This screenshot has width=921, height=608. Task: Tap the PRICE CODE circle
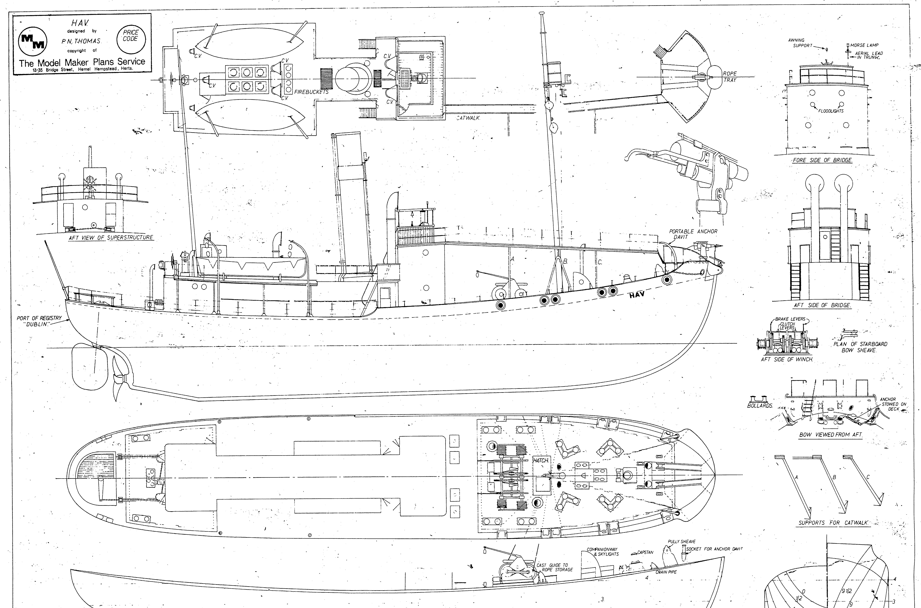[x=130, y=36]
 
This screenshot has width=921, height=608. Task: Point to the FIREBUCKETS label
[x=311, y=92]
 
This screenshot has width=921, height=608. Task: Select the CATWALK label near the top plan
[x=468, y=118]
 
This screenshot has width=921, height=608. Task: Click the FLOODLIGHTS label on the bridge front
[x=831, y=111]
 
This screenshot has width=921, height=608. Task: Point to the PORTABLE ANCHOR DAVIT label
[x=693, y=234]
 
